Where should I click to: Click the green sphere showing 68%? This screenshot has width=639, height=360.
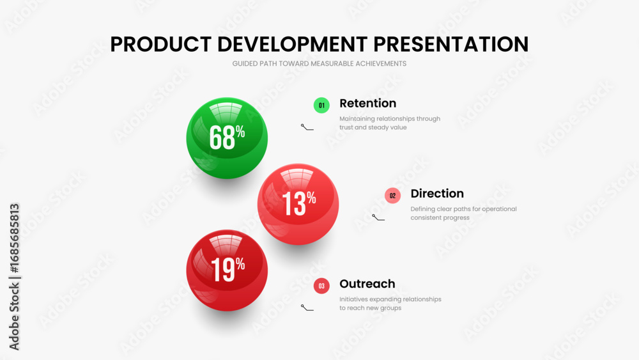pos(227,138)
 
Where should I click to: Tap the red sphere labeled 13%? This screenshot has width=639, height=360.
pos(298,204)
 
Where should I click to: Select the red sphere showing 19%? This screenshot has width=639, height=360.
pos(227,270)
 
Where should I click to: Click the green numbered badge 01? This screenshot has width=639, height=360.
pos(321,106)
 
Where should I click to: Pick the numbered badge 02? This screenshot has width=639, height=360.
pos(392,195)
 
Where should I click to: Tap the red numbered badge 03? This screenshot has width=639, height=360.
pos(321,286)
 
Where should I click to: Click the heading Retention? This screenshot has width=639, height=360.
pos(367,103)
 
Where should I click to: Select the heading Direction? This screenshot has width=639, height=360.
pos(437,193)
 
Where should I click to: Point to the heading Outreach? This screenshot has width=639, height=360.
pos(367,284)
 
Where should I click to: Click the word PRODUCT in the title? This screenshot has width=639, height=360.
pos(160,44)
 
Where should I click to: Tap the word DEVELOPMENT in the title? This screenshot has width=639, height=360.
pos(291,44)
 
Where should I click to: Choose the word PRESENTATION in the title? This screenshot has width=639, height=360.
pos(450,44)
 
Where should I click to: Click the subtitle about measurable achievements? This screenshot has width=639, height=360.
pos(319,63)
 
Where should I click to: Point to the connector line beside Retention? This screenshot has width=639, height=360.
pos(307,128)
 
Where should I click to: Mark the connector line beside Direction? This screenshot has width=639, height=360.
pos(378,217)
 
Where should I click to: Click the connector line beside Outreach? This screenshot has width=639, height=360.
pos(307,308)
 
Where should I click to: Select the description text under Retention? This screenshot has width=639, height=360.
pos(390,123)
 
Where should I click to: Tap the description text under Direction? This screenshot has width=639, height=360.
pos(463,213)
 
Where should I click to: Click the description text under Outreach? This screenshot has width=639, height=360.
pos(390,303)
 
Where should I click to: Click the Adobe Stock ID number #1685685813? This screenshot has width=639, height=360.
pos(14,239)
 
